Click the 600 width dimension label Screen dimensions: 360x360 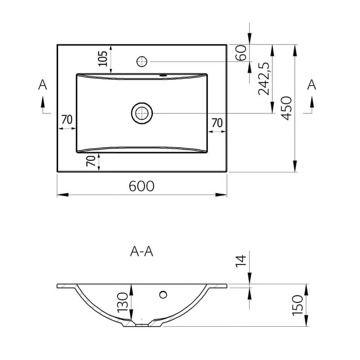coord(141,186)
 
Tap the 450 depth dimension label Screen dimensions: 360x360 coord(286,108)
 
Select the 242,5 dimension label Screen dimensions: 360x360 coord(264,79)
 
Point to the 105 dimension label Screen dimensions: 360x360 coord(103,58)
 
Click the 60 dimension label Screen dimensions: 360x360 coord(241,53)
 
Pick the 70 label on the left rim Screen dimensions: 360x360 coord(67,119)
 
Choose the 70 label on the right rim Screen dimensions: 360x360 coord(217,123)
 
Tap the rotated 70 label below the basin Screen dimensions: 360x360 coord(91,161)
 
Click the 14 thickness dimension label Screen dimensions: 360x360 coord(241,261)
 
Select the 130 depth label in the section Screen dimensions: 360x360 coord(122,302)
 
